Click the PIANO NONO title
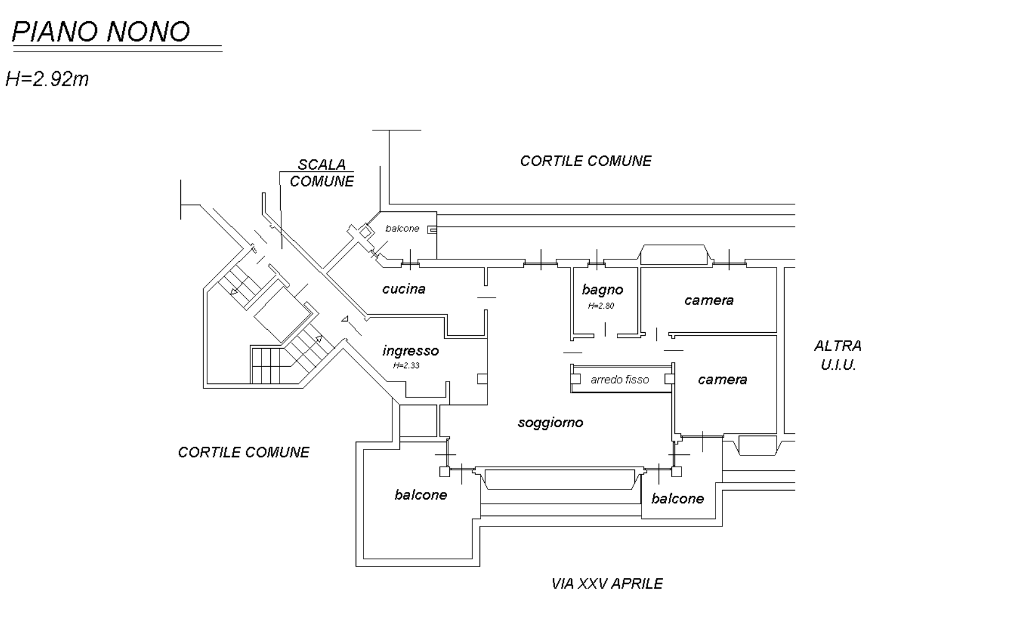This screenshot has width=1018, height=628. [x=101, y=32]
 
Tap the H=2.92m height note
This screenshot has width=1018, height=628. [x=47, y=79]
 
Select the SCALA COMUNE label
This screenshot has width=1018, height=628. [x=322, y=173]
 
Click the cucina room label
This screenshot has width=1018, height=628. [x=404, y=289]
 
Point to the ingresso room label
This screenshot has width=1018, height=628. [x=411, y=351]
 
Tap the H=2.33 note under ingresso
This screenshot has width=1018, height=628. [x=406, y=366]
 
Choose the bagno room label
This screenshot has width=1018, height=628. [x=603, y=290]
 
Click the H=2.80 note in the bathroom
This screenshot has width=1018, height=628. [x=601, y=306]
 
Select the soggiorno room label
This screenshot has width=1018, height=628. [x=550, y=423]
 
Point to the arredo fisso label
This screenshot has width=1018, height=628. [x=620, y=380]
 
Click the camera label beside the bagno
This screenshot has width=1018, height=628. [x=709, y=301]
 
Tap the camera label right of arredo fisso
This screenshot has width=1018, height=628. [x=723, y=380]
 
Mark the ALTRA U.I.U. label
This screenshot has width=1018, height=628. [x=838, y=356]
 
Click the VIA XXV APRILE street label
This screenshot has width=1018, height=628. [x=607, y=584]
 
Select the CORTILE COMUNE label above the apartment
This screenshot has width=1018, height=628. [x=586, y=161]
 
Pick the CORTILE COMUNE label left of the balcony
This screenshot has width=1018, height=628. [x=244, y=453]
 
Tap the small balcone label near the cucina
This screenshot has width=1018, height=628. [x=402, y=228]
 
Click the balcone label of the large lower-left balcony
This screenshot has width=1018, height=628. [x=421, y=495]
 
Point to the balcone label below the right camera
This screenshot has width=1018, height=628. [x=677, y=499]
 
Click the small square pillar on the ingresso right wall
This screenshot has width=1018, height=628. [x=482, y=379]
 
